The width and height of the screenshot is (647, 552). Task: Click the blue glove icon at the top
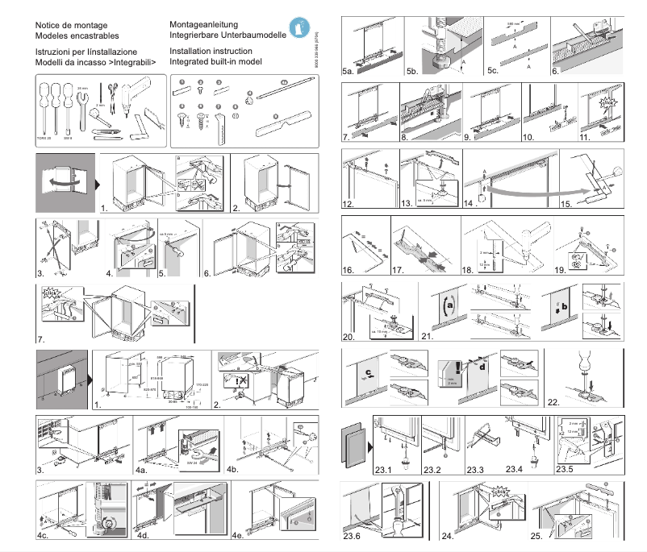pyautogui.click(x=299, y=27)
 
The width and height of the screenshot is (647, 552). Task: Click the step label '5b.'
pyautogui.click(x=414, y=72)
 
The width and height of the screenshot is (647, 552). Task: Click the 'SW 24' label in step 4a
pyautogui.click(x=192, y=463)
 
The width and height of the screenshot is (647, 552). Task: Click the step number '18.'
pyautogui.click(x=474, y=272)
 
